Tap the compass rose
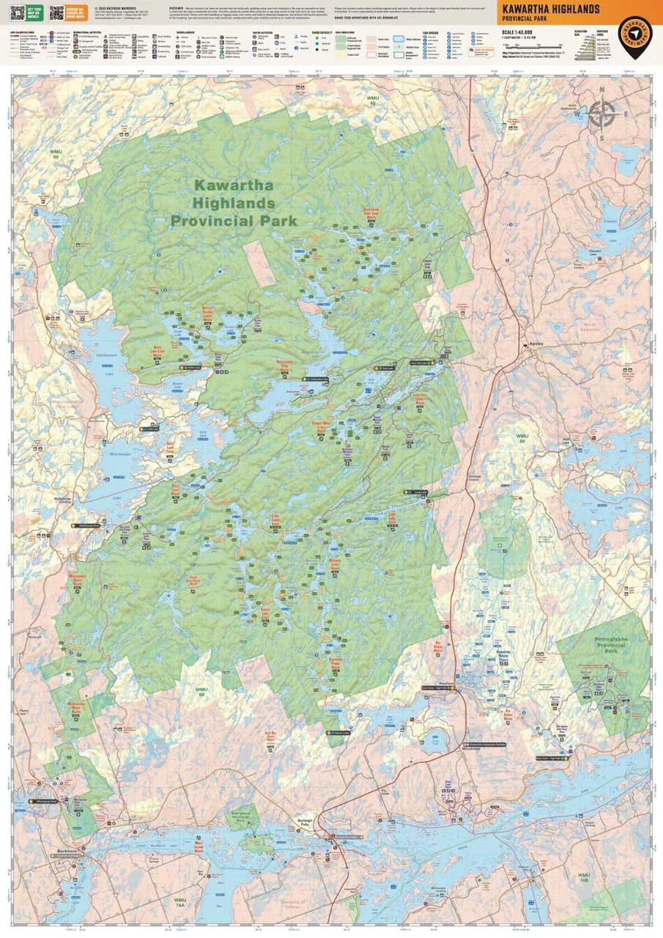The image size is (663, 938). click(602, 114)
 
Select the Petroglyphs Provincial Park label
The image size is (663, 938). click(601, 644)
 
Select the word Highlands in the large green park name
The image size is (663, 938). click(234, 203)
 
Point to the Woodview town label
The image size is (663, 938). click(470, 748)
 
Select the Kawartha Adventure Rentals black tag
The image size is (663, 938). click(486, 743)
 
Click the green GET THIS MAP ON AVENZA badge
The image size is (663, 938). click(30, 13)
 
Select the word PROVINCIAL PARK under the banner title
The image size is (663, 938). click(525, 18)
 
